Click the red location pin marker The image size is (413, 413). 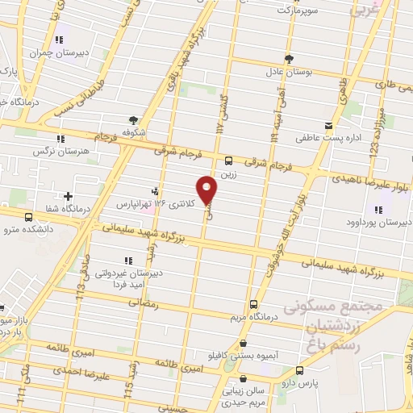208,190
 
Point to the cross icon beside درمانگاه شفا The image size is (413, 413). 69,196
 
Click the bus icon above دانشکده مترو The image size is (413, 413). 29,217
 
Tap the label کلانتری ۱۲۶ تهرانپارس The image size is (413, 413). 152,203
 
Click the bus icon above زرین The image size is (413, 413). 229,161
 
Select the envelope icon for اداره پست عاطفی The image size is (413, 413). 328,127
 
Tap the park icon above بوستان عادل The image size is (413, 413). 290,58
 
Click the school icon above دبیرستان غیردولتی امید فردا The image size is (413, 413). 127,261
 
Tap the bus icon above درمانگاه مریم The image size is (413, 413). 254,305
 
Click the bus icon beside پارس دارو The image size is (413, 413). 300,370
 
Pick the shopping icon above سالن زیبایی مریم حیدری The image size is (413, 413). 244,378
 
